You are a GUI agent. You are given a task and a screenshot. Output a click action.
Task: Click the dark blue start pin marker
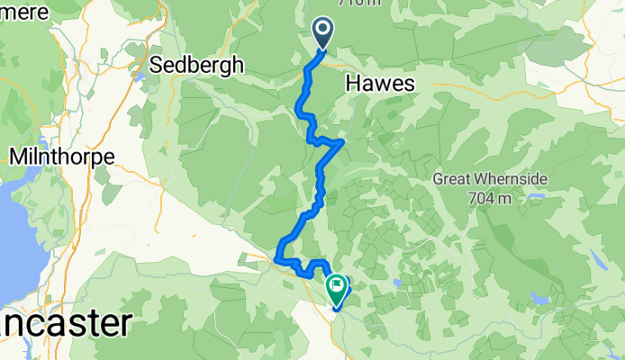pos(323,34)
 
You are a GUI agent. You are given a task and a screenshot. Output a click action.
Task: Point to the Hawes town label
pos(379,83)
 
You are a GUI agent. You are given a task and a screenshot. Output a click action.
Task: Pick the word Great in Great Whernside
pos(452,178)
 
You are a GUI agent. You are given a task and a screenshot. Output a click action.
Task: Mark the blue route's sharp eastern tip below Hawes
pos(343,141)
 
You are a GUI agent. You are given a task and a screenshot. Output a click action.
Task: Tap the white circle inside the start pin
pos(323,30)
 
